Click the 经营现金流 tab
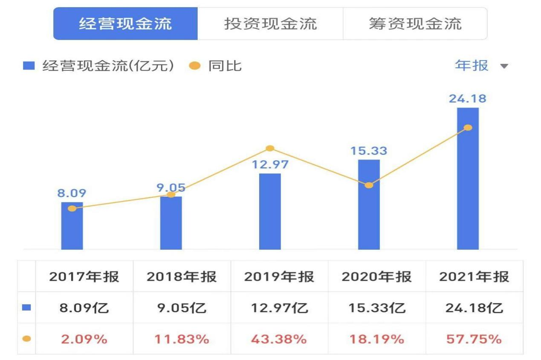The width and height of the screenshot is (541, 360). [x=125, y=24]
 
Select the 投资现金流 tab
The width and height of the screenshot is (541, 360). [x=270, y=24]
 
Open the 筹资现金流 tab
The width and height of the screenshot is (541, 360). [x=415, y=24]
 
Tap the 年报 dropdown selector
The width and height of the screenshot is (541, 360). [x=482, y=66]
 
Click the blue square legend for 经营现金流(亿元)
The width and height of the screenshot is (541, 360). [x=29, y=66]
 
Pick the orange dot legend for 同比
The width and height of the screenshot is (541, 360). [x=194, y=66]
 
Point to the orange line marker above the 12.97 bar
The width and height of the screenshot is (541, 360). [x=270, y=148]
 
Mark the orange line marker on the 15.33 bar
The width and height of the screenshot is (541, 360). [x=369, y=185]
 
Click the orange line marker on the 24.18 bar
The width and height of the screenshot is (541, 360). [x=468, y=127]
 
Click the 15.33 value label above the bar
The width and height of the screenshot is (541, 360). [x=369, y=151]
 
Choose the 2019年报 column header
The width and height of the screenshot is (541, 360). [x=279, y=276]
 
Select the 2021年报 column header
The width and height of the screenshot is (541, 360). [x=474, y=276]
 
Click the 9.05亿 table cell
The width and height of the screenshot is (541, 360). [x=182, y=308]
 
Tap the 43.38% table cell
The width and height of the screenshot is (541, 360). [x=279, y=339]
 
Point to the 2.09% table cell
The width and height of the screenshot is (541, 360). [x=84, y=339]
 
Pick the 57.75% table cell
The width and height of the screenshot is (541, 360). [x=474, y=339]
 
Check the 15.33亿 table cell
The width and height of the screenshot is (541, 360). [x=376, y=308]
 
